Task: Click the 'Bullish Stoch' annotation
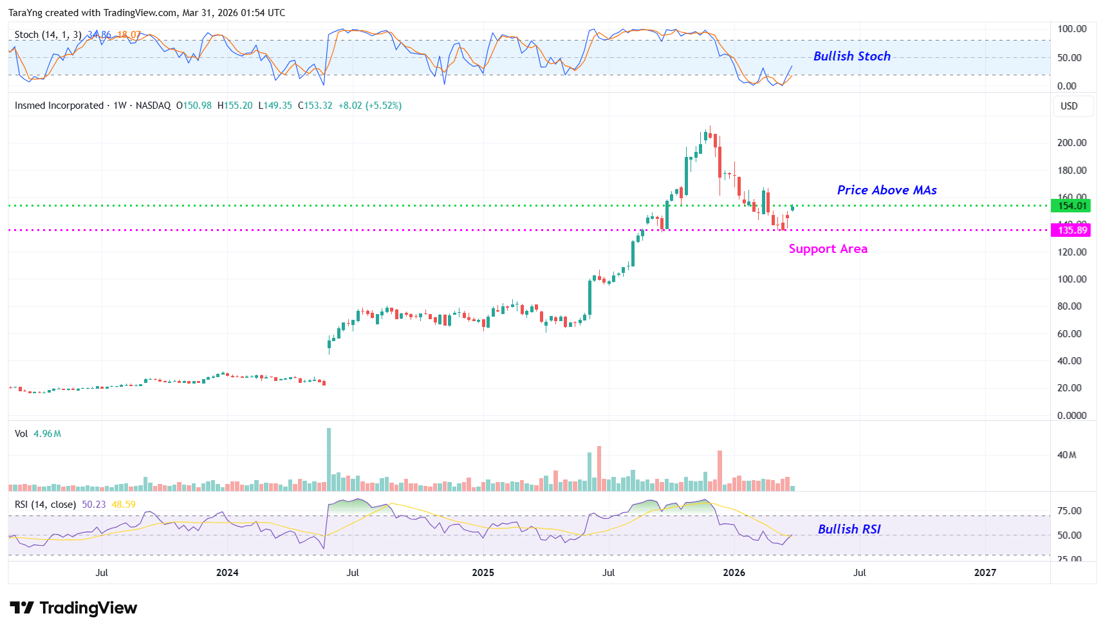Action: click(x=851, y=57)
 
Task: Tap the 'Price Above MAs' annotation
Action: click(x=886, y=190)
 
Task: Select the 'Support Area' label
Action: click(x=828, y=249)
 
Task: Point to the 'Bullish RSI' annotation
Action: click(x=849, y=529)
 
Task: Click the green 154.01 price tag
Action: click(x=1072, y=206)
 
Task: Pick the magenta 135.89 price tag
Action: click(x=1072, y=230)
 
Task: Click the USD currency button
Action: click(x=1069, y=106)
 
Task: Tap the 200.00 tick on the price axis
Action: click(x=1072, y=143)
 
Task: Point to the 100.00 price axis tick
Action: click(x=1072, y=279)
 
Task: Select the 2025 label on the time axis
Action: click(x=483, y=573)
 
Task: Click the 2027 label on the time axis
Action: click(x=985, y=573)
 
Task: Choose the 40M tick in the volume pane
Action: click(x=1066, y=455)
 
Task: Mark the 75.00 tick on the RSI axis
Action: click(x=1069, y=511)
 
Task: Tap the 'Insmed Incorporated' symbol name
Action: click(x=59, y=106)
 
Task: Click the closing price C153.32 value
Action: click(x=315, y=106)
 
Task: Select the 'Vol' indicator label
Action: click(x=21, y=434)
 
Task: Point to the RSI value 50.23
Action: click(x=94, y=505)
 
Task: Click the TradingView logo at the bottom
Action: click(x=74, y=608)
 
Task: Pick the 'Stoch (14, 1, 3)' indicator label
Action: click(x=48, y=35)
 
